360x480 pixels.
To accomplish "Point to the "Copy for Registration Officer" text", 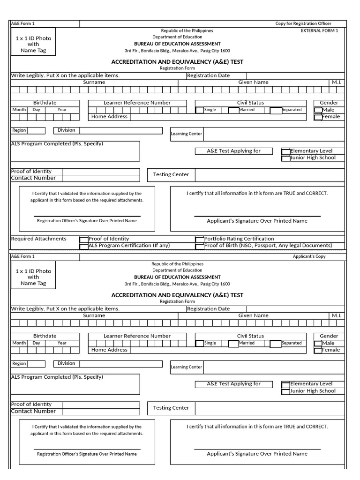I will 303,23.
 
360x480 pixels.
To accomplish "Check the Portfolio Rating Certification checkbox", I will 200,239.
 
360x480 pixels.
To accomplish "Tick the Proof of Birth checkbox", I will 200,246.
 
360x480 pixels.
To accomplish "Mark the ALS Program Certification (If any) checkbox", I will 84,246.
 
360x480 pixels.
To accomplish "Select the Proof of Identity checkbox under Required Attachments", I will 84,239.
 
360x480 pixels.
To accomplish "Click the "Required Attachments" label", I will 38,239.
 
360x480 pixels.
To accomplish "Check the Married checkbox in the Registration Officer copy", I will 233,111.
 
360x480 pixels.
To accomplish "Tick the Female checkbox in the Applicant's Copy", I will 318,350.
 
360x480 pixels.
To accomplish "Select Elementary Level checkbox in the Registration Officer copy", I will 285,151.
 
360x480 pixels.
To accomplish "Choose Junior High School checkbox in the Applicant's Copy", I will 285,391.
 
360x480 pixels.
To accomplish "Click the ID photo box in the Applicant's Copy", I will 33,277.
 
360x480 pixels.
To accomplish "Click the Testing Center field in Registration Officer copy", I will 270,175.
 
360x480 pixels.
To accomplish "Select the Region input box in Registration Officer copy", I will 36,131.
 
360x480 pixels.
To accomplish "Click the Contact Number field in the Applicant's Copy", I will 101,412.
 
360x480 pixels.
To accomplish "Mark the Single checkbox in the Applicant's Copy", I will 200,344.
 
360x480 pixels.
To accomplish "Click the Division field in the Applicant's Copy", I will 120,364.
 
